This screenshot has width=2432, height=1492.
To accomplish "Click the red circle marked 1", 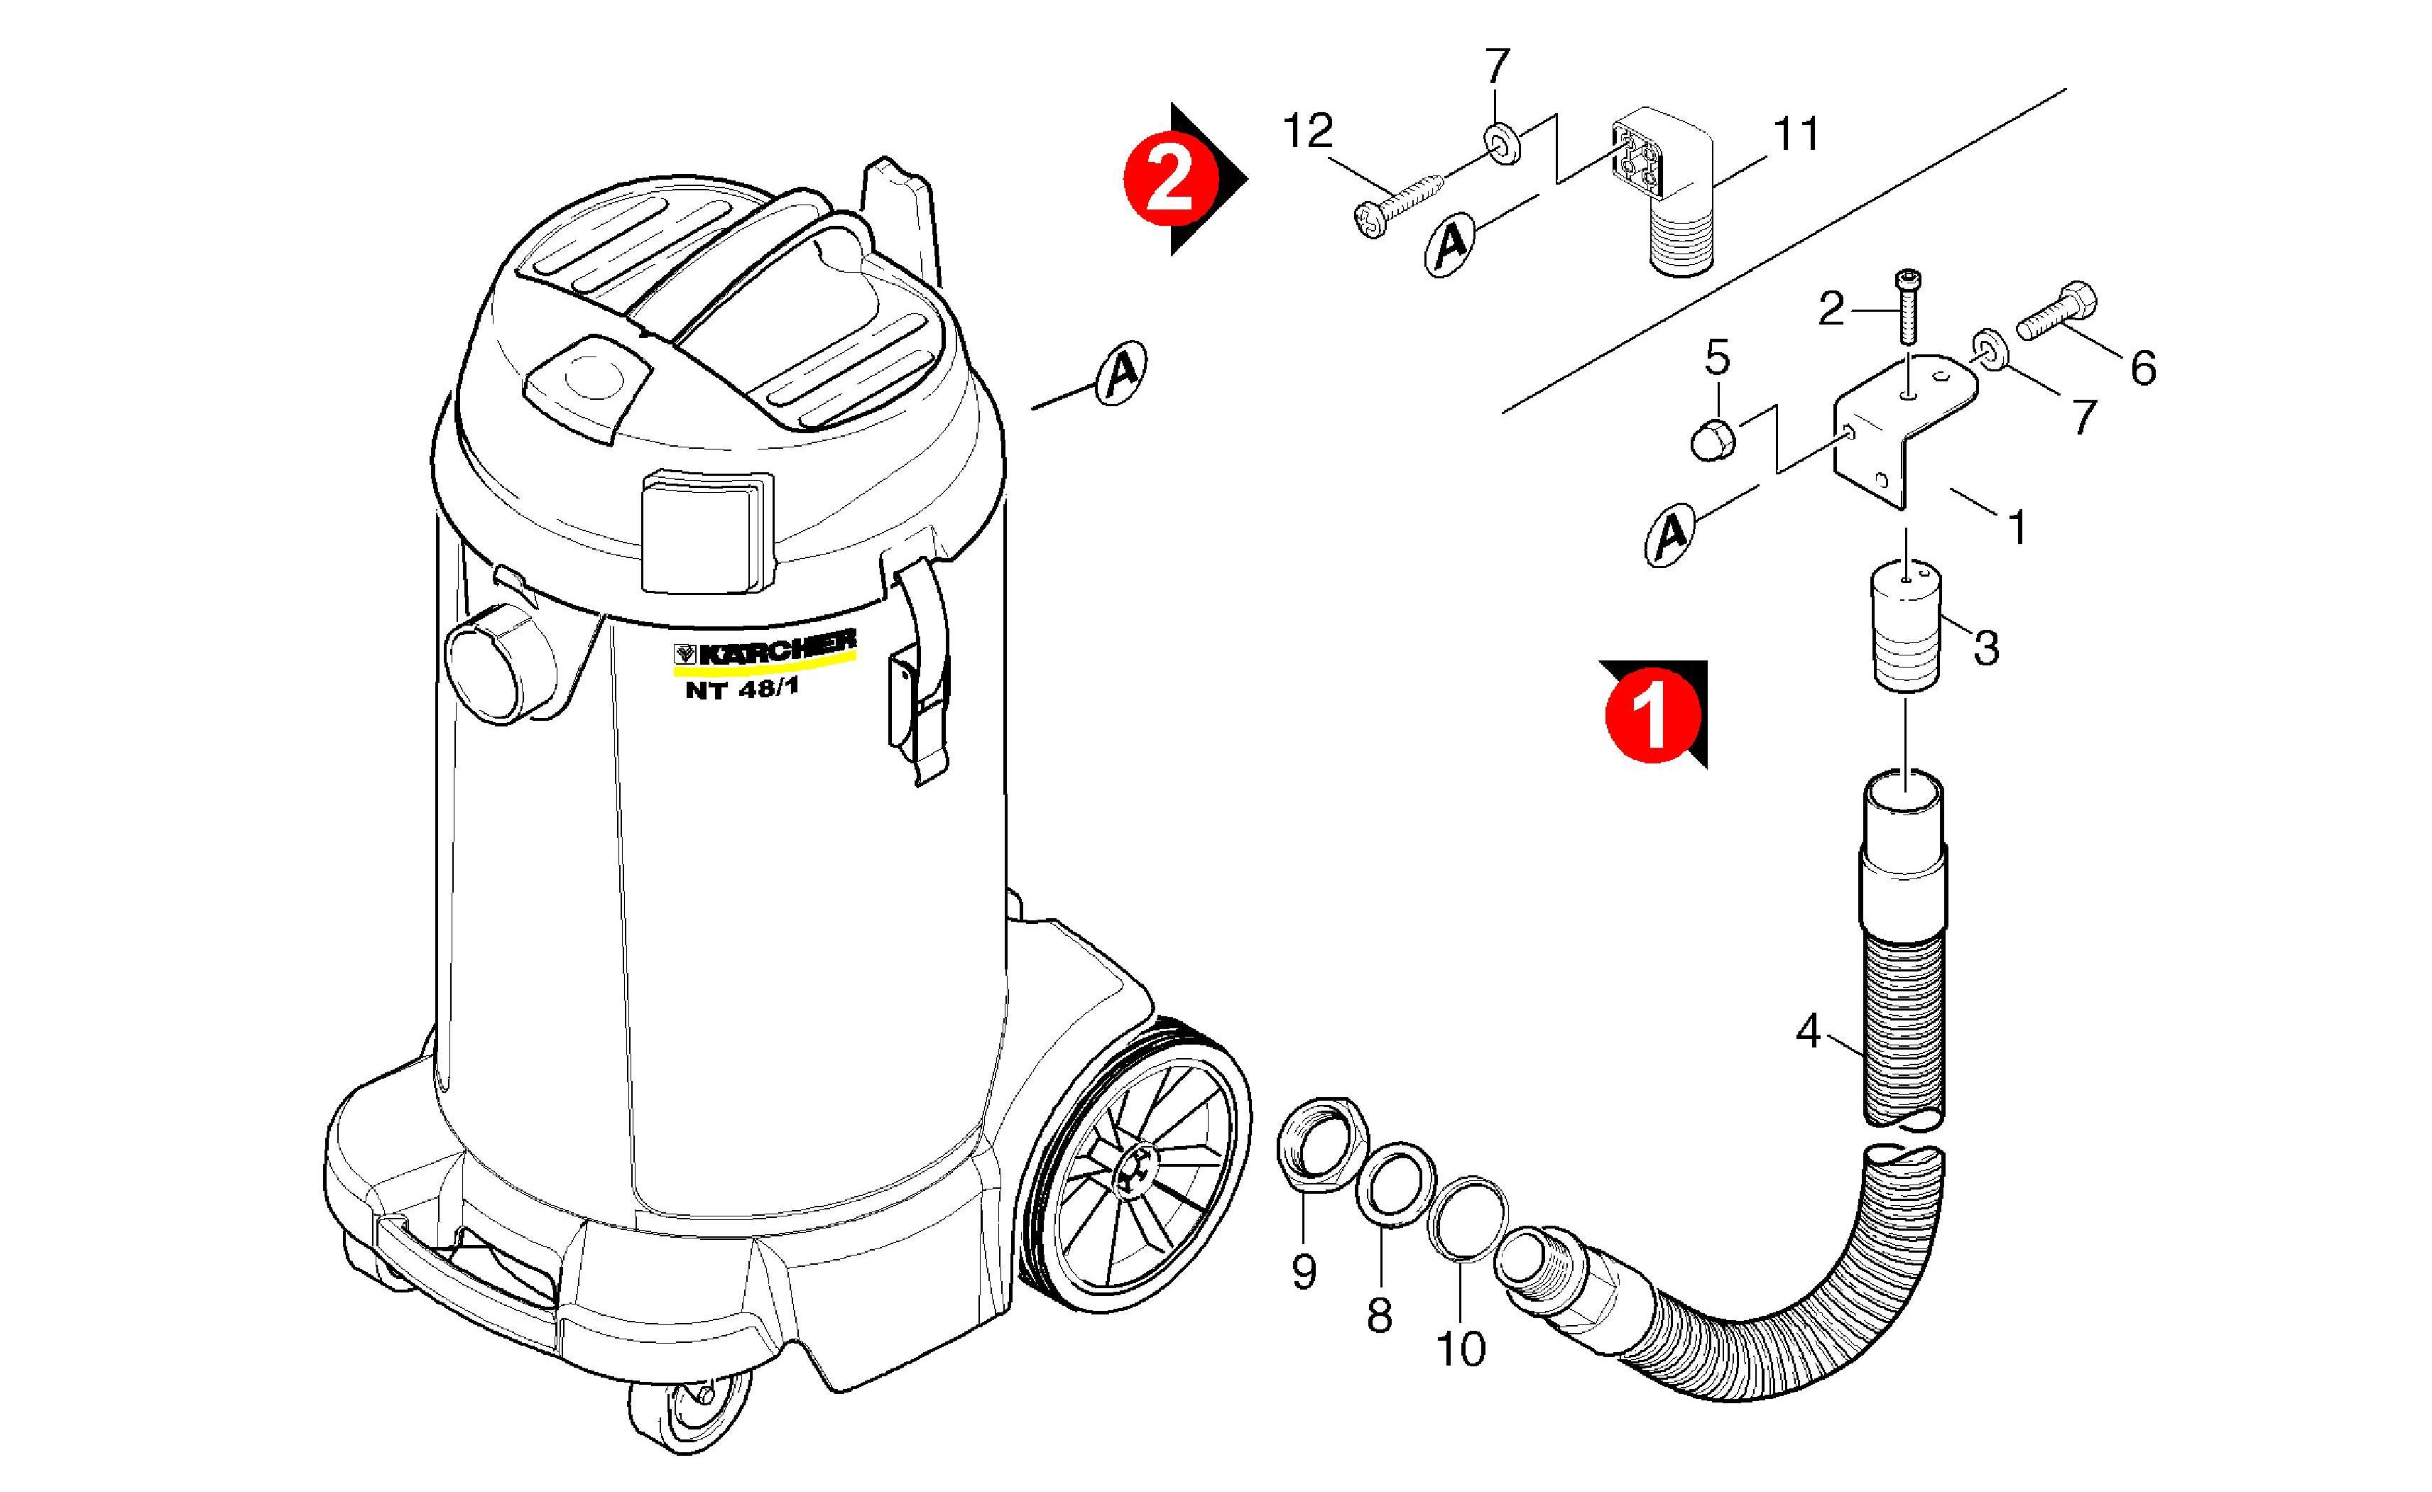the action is pyautogui.click(x=1653, y=716).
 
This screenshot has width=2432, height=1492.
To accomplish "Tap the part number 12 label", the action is pyautogui.click(x=1308, y=131).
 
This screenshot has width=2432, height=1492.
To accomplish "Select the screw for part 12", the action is pyautogui.click(x=1397, y=205).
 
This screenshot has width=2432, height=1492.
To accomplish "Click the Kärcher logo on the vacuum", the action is pyautogui.click(x=764, y=649).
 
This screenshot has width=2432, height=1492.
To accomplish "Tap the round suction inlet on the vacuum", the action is pyautogui.click(x=493, y=663).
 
